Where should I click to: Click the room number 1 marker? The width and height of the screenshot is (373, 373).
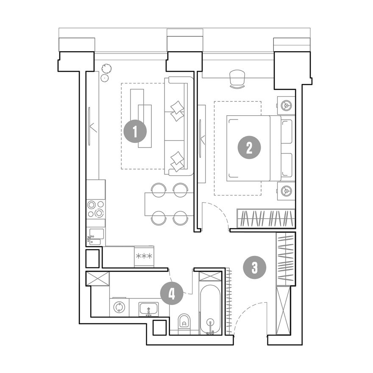[x=135, y=131]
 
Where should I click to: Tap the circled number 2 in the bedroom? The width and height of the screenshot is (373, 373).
[x=249, y=148]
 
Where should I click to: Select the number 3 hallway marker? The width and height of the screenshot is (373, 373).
[x=255, y=267]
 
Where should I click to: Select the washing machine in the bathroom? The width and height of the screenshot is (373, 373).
[x=119, y=307]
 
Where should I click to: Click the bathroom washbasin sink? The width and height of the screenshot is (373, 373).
[x=149, y=309]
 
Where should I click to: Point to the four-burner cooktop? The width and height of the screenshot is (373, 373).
[x=96, y=209]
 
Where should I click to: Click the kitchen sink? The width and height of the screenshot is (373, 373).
[x=96, y=237]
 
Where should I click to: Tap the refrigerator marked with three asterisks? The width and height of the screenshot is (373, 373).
[x=144, y=256]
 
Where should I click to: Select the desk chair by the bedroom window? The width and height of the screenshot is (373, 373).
[x=237, y=79]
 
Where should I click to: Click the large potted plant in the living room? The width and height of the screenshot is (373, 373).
[x=106, y=69]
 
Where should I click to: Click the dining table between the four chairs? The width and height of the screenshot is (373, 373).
[x=169, y=204]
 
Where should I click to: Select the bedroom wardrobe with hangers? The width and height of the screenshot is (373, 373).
[x=266, y=218]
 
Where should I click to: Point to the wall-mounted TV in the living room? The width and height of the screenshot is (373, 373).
[x=89, y=126]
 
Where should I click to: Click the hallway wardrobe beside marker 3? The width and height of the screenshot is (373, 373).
[x=285, y=259]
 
